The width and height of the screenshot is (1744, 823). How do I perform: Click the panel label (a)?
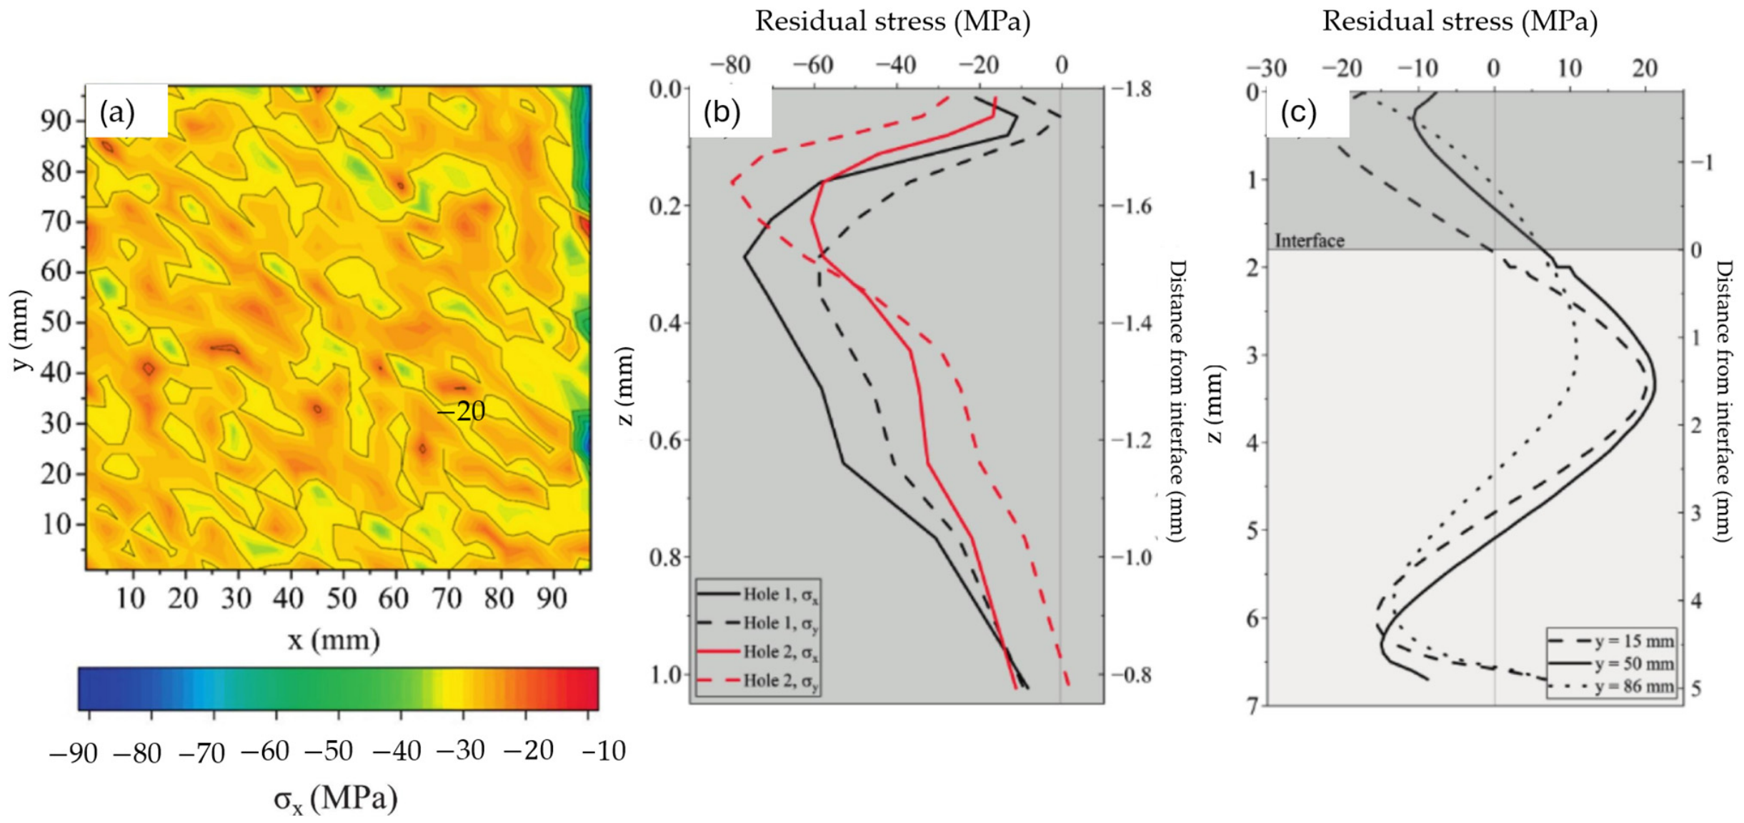pos(117,112)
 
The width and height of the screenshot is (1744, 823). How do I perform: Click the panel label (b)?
pos(722,112)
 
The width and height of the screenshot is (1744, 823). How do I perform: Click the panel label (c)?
pos(1298,112)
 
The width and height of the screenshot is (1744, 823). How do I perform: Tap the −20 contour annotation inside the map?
pos(461,411)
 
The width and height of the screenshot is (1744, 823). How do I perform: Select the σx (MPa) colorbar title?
pos(336,798)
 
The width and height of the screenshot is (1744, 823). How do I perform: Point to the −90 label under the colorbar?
pos(73,753)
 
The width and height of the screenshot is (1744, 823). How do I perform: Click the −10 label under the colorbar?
pos(603,751)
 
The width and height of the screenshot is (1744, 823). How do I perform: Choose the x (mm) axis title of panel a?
pos(334,639)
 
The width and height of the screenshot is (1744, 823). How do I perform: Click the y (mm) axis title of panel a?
pos(21,330)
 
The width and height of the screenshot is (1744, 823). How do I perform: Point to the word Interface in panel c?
pos(1310,241)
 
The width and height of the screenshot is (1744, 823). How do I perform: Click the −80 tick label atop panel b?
pos(730,65)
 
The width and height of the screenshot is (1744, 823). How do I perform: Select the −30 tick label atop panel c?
pos(1266,68)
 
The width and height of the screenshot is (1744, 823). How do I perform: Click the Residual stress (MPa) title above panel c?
pos(1460,21)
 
